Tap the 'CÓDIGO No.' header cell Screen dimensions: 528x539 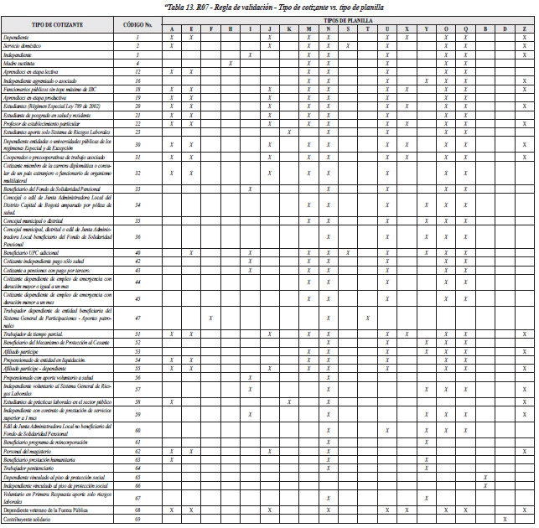click(x=137, y=25)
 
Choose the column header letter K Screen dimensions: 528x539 click(x=289, y=29)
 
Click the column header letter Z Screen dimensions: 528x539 click(x=525, y=29)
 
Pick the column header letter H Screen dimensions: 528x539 click(x=230, y=29)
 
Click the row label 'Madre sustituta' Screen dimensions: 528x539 click(x=20, y=63)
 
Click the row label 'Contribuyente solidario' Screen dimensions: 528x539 click(x=30, y=520)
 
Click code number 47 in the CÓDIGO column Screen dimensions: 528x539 click(x=137, y=318)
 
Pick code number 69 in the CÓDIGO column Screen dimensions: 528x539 click(x=137, y=520)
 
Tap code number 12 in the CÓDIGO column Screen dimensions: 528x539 click(x=137, y=71)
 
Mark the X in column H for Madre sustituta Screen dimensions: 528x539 click(x=230, y=63)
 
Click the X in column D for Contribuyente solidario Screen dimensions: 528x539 click(x=505, y=520)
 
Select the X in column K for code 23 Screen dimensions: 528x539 click(x=289, y=131)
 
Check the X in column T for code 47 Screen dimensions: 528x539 click(x=367, y=318)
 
